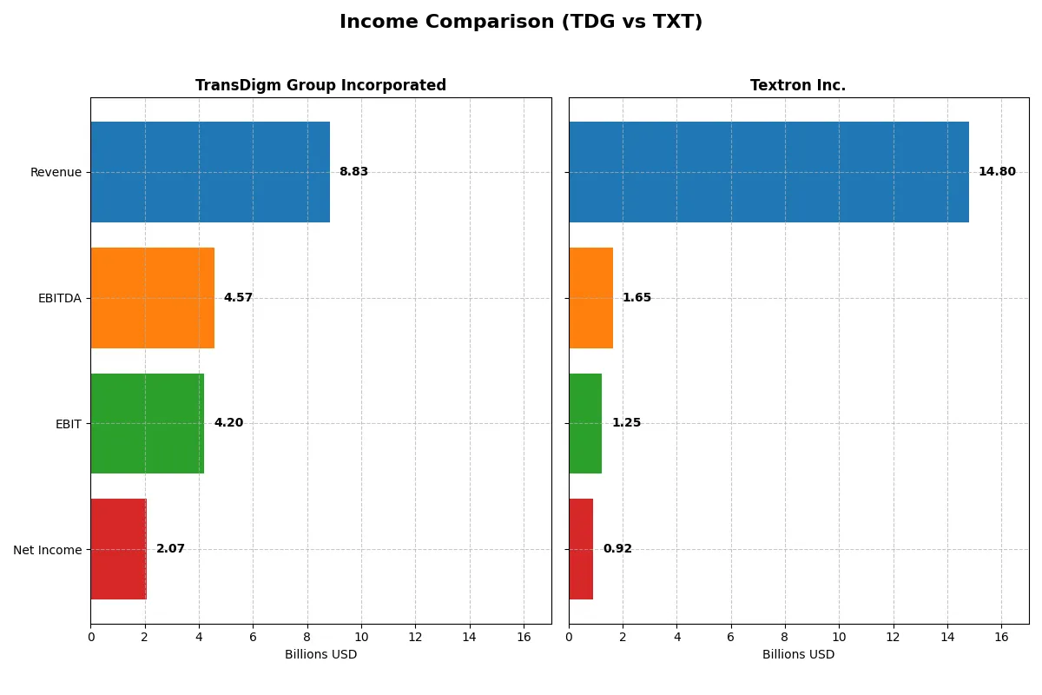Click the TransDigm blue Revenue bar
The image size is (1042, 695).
tap(210, 172)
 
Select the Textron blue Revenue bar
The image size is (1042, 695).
tap(768, 172)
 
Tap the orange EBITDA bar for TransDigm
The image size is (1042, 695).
tap(152, 298)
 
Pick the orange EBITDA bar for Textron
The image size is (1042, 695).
tap(590, 298)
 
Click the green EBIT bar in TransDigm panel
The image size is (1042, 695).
tap(147, 423)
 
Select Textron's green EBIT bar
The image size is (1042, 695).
tap(585, 423)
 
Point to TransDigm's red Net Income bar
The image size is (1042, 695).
tap(118, 549)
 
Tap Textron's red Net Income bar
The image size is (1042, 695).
tap(581, 549)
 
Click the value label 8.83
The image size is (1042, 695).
tap(353, 172)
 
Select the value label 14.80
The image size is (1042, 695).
tap(997, 172)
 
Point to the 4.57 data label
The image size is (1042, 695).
tap(238, 298)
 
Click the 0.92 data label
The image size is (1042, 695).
tap(617, 549)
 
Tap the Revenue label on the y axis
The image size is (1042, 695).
tap(56, 172)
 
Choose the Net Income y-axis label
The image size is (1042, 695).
tap(48, 550)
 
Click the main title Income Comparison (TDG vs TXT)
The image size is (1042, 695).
tap(521, 23)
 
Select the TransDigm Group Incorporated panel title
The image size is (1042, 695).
tap(320, 86)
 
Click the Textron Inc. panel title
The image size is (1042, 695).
tap(798, 86)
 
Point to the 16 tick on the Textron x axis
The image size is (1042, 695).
tap(1001, 638)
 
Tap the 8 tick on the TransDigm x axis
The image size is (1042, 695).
tap(307, 638)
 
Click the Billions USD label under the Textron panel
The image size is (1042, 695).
tap(798, 655)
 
